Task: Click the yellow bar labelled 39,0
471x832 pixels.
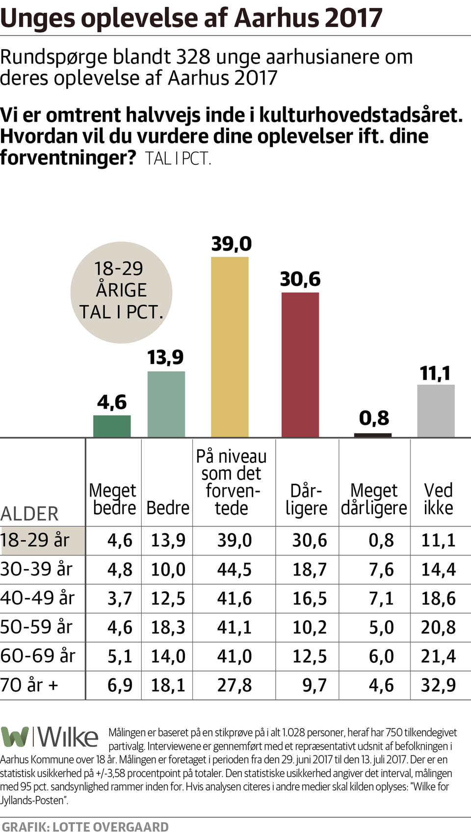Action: [x=230, y=346]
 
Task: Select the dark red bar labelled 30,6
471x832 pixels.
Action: [x=300, y=364]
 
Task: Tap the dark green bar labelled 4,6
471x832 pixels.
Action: [x=112, y=426]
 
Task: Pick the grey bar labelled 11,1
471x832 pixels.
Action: [x=436, y=411]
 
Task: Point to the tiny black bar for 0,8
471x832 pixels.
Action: [x=373, y=435]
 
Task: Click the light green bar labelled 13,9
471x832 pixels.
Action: [x=166, y=404]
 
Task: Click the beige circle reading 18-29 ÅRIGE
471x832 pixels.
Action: [x=121, y=292]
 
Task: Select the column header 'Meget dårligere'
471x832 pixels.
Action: [x=374, y=499]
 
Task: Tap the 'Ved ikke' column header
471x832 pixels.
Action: [x=438, y=499]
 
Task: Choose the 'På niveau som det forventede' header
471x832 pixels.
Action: [x=232, y=482]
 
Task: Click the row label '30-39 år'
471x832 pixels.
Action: [x=36, y=569]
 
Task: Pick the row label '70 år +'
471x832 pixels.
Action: [x=29, y=685]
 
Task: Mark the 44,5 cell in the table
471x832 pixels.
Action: [x=234, y=570]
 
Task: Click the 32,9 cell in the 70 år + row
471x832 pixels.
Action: [x=438, y=685]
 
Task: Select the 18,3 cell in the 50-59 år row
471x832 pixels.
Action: [x=168, y=627]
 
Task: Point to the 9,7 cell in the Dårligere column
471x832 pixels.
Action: [x=314, y=685]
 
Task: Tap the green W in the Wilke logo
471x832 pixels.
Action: [x=15, y=737]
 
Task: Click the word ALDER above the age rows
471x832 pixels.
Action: [x=29, y=514]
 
